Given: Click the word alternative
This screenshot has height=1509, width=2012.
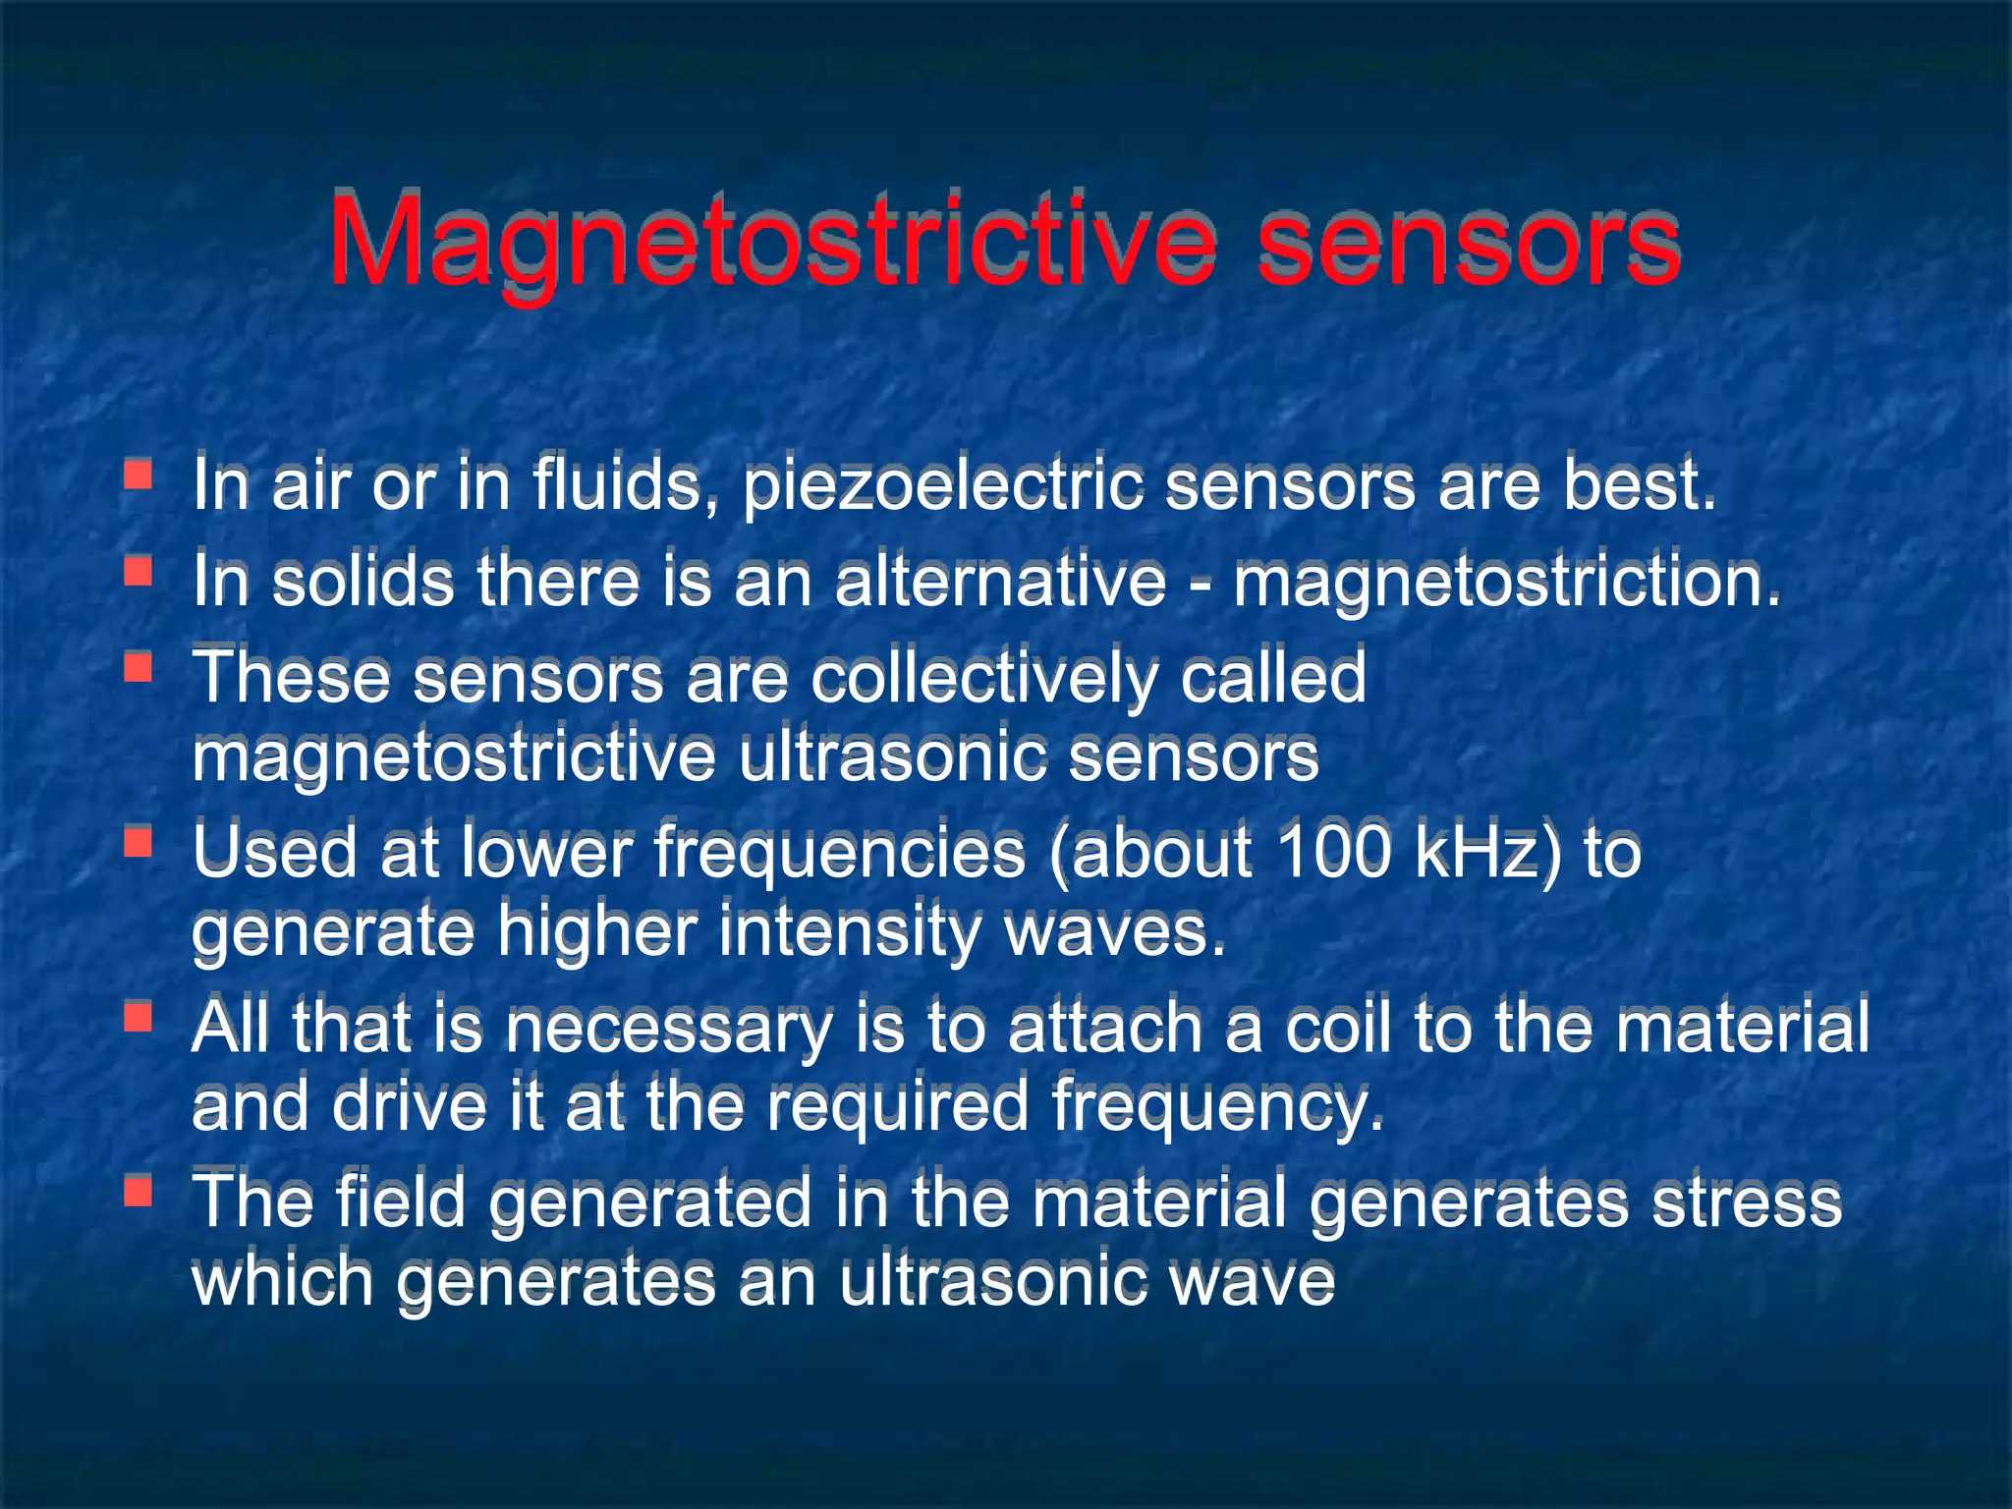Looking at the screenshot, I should [x=1000, y=581].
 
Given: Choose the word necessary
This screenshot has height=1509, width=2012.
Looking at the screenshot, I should [x=668, y=1028].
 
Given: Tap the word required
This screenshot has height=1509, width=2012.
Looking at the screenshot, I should [x=897, y=1105].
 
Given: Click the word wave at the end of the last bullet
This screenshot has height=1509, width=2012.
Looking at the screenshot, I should [x=1252, y=1281].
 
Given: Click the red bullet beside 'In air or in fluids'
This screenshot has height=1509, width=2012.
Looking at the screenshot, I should [x=138, y=475].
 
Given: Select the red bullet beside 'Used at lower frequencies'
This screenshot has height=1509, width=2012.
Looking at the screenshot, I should [x=138, y=842].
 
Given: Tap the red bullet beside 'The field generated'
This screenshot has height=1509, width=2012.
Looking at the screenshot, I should [x=138, y=1192].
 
